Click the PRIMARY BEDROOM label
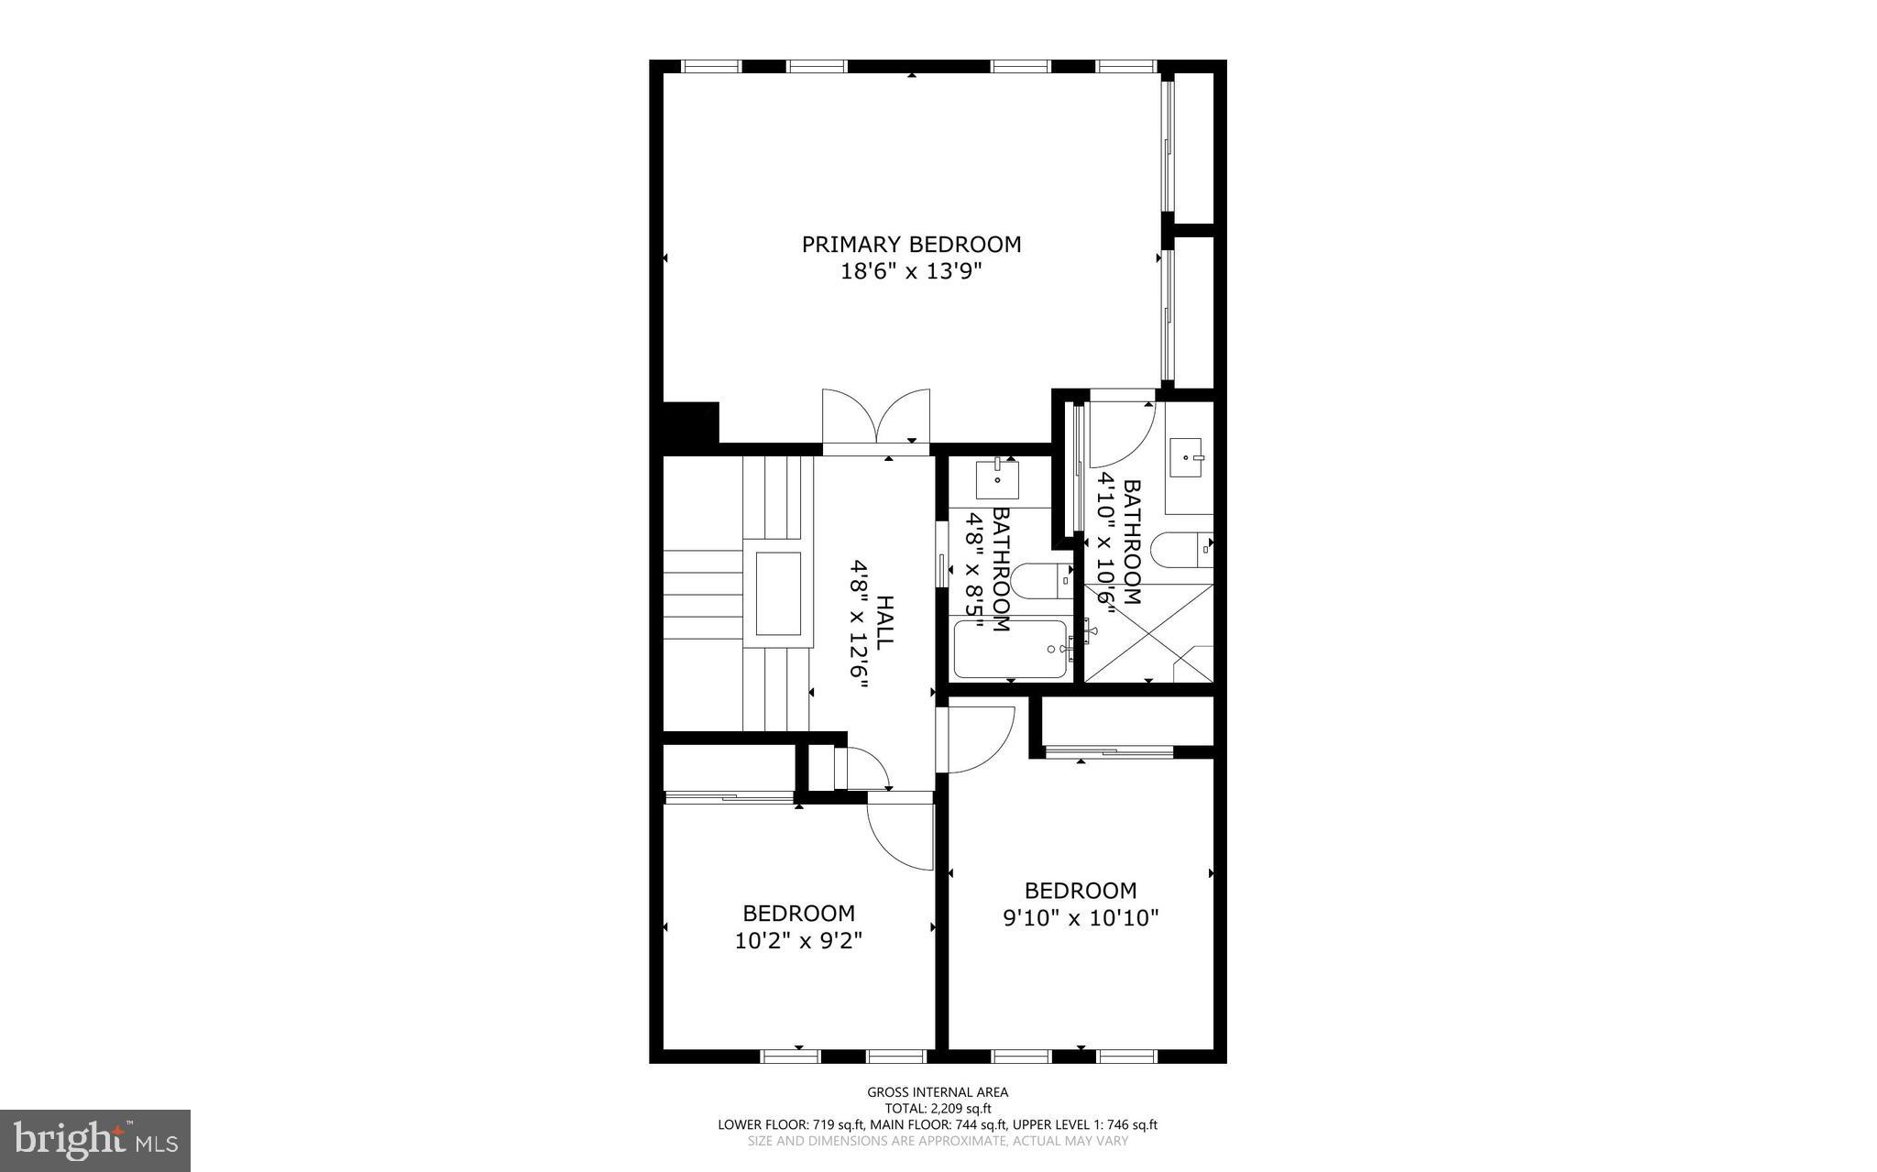pyautogui.click(x=911, y=245)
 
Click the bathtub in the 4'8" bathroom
pyautogui.click(x=1010, y=649)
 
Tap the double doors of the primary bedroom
pyautogui.click(x=876, y=422)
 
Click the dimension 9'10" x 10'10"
pyautogui.click(x=1081, y=917)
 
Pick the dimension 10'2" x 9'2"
pyautogui.click(x=798, y=940)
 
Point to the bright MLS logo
pyautogui.click(x=94, y=1140)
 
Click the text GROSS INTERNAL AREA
pyautogui.click(x=938, y=1091)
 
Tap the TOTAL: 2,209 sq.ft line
pyautogui.click(x=938, y=1108)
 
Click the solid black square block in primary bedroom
pyautogui.click(x=689, y=424)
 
